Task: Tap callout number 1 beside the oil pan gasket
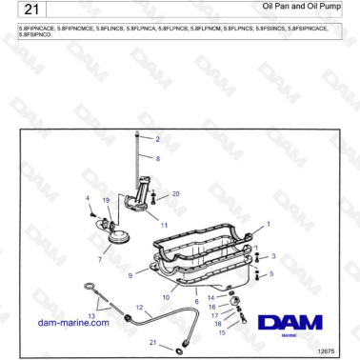[268, 223]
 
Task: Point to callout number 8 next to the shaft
[157, 158]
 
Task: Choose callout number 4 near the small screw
[88, 198]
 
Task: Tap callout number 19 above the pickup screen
[106, 200]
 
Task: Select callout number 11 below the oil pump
[164, 226]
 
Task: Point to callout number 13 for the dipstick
[91, 313]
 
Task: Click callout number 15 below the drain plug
[222, 333]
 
